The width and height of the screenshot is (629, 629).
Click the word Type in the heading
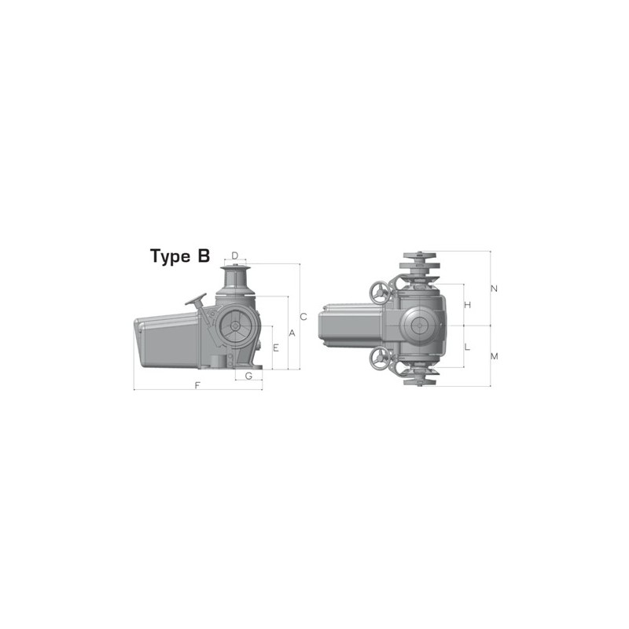[168, 256]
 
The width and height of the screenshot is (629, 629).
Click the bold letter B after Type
[204, 256]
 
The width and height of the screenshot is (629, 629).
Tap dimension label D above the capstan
[234, 256]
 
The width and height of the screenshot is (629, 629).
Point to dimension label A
[292, 333]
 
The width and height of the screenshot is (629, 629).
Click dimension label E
[276, 347]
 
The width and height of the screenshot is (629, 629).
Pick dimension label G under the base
[248, 376]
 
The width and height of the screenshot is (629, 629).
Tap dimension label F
[197, 385]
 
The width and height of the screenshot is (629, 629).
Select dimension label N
[494, 289]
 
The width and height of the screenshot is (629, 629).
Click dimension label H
[467, 304]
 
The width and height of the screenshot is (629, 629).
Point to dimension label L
[467, 347]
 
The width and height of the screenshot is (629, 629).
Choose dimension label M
[494, 356]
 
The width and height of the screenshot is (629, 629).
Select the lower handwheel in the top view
[382, 359]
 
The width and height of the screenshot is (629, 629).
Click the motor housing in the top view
[350, 326]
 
